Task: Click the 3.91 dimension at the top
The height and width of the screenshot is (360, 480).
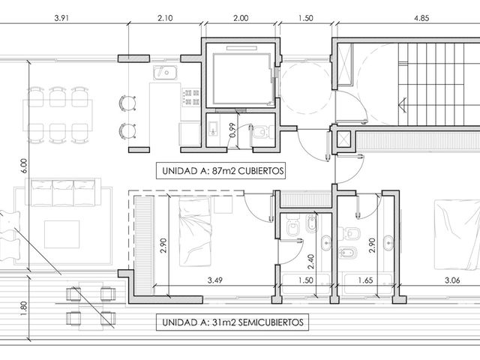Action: pyautogui.click(x=61, y=18)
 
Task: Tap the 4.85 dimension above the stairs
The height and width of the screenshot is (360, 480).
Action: pyautogui.click(x=421, y=18)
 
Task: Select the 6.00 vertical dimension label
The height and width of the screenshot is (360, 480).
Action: pyautogui.click(x=24, y=166)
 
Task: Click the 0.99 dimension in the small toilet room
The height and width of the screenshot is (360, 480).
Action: pyautogui.click(x=232, y=130)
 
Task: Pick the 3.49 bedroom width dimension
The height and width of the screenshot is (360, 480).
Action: pyautogui.click(x=215, y=280)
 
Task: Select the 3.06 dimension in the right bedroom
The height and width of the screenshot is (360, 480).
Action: pyautogui.click(x=452, y=280)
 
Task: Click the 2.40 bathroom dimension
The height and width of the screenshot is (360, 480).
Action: pyautogui.click(x=310, y=262)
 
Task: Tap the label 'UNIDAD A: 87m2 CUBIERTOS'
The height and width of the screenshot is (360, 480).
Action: pyautogui.click(x=223, y=171)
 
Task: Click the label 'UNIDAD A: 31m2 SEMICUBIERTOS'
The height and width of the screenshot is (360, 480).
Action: pyautogui.click(x=232, y=322)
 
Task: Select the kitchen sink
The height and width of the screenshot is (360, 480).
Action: pyautogui.click(x=165, y=73)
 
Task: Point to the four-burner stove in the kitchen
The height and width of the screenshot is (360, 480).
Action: pyautogui.click(x=191, y=97)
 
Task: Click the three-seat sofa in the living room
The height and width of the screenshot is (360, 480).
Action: pyautogui.click(x=63, y=193)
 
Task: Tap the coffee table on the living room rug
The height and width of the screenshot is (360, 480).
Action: pyautogui.click(x=61, y=234)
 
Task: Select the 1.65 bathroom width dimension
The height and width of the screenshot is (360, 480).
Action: pyautogui.click(x=365, y=280)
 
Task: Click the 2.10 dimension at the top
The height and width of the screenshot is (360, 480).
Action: pyautogui.click(x=165, y=18)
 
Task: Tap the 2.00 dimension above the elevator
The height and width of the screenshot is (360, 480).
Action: pyautogui.click(x=241, y=18)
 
